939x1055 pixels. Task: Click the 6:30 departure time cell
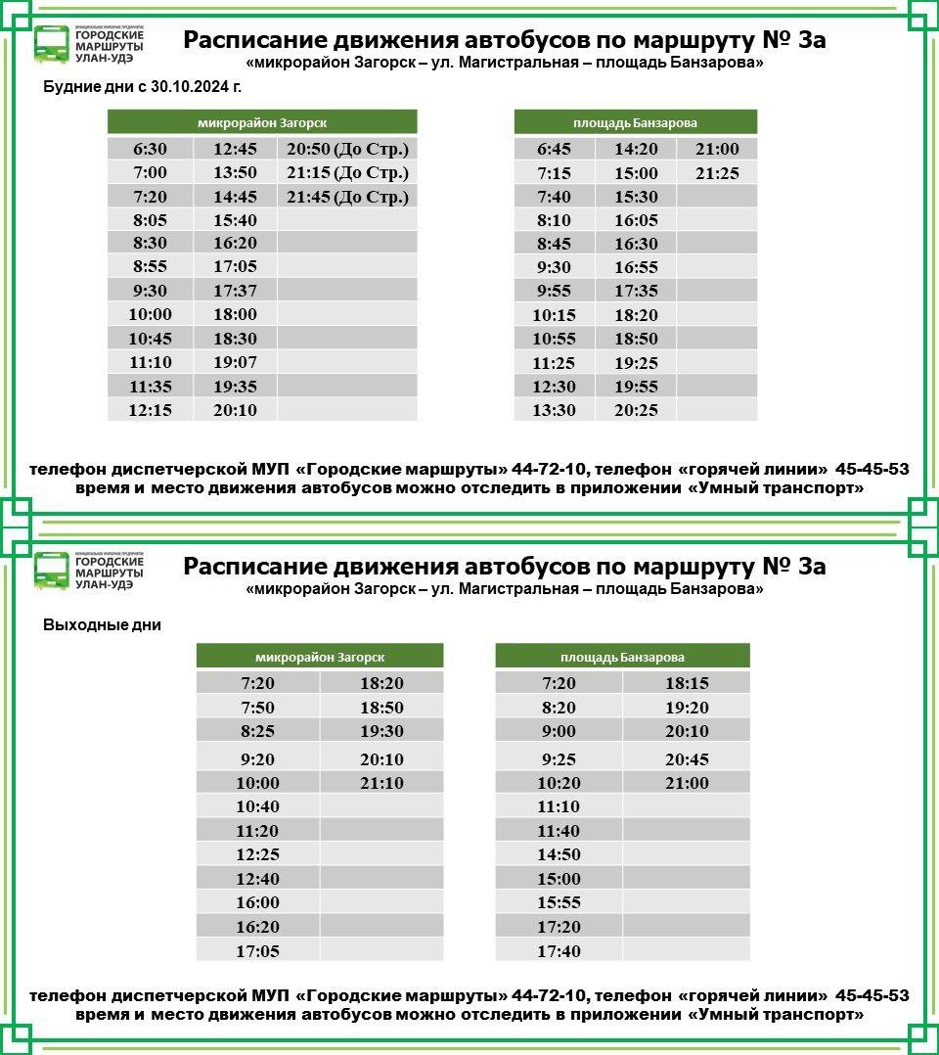[x=150, y=150]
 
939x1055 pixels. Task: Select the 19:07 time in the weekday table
[x=235, y=362]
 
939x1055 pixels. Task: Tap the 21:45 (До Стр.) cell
[x=347, y=197]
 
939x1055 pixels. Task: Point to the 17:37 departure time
[x=235, y=292]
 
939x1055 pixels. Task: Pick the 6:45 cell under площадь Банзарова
[x=554, y=150]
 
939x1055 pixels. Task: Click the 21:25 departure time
[x=717, y=173]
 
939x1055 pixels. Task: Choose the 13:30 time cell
[x=554, y=410]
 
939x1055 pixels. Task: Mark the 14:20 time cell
[x=636, y=150]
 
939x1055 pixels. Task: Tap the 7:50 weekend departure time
[x=257, y=708]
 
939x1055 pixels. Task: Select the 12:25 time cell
[x=257, y=854]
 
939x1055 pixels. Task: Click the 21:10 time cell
[x=381, y=783]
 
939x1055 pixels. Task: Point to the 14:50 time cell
[x=559, y=854]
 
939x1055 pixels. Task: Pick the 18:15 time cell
[x=687, y=683]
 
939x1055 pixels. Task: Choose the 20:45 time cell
[x=687, y=759]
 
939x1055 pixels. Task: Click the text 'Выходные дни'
[x=102, y=625]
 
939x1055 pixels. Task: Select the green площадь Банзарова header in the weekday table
[x=635, y=122]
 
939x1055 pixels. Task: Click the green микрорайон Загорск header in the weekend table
[x=320, y=657]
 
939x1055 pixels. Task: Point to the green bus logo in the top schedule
[x=51, y=44]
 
